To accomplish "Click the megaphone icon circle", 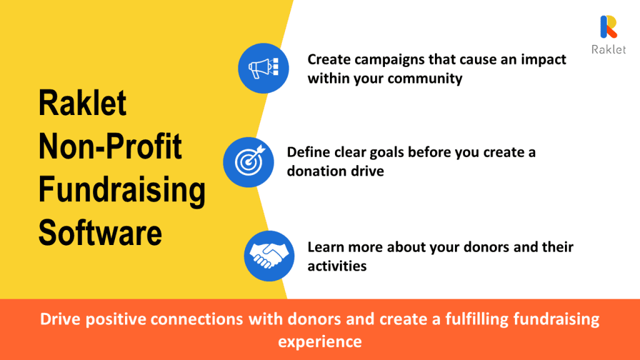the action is (x=263, y=68).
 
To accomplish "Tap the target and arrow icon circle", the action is (x=248, y=162).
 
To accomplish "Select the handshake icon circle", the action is (x=269, y=256).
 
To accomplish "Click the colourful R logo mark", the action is (x=609, y=27).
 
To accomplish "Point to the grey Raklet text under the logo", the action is (x=609, y=49).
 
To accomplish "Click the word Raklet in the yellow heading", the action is (x=82, y=103).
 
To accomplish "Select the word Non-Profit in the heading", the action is (x=110, y=146).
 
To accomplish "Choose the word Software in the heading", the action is (x=101, y=232).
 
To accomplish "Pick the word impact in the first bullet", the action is (x=543, y=60).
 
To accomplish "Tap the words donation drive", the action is (x=336, y=171).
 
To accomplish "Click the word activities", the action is (x=337, y=266).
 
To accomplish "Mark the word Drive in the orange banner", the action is (x=61, y=319).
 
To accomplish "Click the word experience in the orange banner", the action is (x=320, y=342).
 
